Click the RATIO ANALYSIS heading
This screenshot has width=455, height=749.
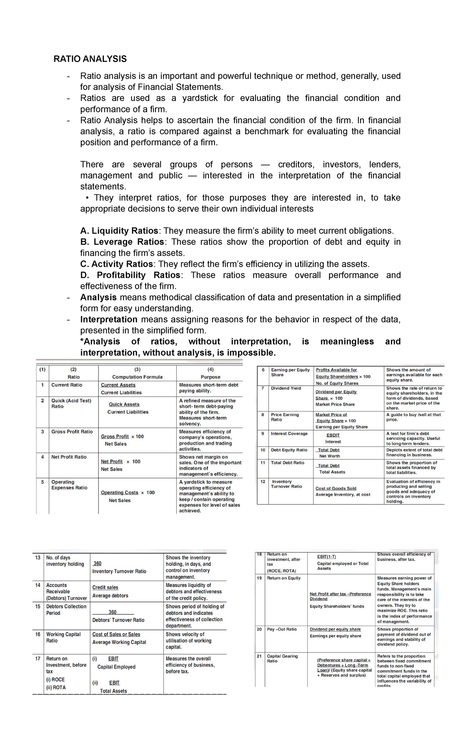[x=90, y=59]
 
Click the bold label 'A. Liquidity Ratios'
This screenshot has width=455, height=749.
[x=119, y=231]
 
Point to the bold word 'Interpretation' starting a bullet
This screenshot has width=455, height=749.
[x=109, y=319]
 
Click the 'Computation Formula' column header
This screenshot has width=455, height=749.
[x=137, y=377]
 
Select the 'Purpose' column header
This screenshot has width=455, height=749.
[x=210, y=377]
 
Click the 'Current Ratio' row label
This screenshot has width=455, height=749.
[x=67, y=385]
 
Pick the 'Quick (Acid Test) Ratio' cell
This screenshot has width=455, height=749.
[x=71, y=403]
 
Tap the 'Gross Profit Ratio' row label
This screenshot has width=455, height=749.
[x=72, y=431]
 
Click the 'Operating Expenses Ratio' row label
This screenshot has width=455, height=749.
[x=69, y=485]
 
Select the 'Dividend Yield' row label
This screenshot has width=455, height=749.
[x=286, y=388]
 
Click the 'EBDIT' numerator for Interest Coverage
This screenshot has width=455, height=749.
[x=333, y=435]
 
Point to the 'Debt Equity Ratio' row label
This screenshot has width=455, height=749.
[x=289, y=450]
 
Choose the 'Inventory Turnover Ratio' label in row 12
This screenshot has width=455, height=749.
[x=286, y=484]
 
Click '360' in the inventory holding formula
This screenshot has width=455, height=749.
[x=97, y=564]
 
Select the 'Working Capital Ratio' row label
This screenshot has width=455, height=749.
[x=63, y=637]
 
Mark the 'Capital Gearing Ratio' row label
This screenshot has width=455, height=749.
[x=282, y=658]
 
